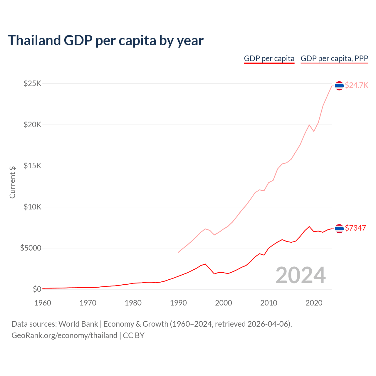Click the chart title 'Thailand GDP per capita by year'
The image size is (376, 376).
105,41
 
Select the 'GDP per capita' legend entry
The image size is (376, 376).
269,58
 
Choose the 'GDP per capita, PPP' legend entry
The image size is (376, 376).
334,58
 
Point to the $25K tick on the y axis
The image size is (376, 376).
33,84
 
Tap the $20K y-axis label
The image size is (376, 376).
33,125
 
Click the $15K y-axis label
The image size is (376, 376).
33,166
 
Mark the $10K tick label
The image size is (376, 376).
33,207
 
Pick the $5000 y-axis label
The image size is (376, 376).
31,248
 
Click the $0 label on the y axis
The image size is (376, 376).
37,289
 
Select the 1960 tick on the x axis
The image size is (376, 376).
43,303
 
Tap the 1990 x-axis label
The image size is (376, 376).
178,303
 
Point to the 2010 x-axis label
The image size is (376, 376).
269,303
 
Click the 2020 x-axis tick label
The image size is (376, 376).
314,303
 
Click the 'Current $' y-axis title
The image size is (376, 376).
12,182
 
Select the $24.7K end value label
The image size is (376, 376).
356,85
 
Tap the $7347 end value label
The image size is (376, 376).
355,228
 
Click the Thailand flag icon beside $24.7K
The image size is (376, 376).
339,86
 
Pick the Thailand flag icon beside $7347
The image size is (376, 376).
339,229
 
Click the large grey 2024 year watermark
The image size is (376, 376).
301,275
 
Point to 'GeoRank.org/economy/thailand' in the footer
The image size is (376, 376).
64,335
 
